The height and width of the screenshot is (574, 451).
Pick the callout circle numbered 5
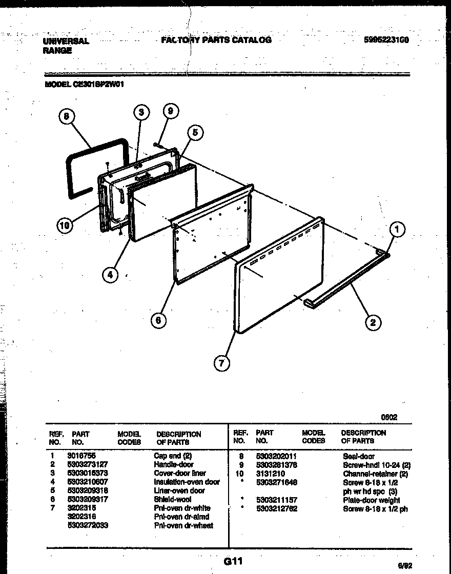pyautogui.click(x=194, y=133)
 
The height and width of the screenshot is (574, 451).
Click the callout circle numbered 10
pyautogui.click(x=65, y=226)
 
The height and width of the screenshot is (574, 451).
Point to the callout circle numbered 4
pyautogui.click(x=109, y=275)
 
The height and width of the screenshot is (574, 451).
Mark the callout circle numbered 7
pyautogui.click(x=221, y=363)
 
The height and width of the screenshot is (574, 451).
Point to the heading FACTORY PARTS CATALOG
pyautogui.click(x=216, y=40)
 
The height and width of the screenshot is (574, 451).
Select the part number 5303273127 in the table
pyautogui.click(x=87, y=464)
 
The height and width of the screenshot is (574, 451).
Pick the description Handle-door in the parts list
pyautogui.click(x=174, y=464)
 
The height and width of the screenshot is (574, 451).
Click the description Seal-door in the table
pyautogui.click(x=359, y=456)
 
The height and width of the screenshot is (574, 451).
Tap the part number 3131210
pyautogui.click(x=270, y=474)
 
